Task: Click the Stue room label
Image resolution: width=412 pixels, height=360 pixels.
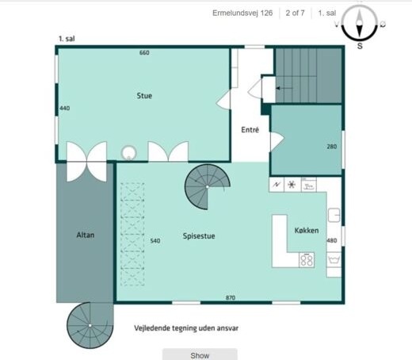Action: coord(144,96)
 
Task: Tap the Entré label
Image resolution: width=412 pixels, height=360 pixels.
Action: coord(250,130)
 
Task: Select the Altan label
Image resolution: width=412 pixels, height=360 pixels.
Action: coord(86,235)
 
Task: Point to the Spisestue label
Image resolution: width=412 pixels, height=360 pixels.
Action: coord(199,236)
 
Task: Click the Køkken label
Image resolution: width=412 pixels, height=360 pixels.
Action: coord(307,231)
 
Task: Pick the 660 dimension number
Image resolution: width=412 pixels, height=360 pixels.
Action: coord(144,52)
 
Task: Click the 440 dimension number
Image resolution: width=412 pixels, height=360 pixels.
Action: coord(65,108)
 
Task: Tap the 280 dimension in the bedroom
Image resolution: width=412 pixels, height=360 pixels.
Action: coord(332,147)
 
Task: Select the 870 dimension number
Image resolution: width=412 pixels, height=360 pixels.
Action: coord(231,297)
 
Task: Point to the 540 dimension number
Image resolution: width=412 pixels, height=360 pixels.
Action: coord(155,241)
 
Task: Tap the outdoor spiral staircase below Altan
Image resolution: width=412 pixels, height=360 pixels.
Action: coord(90,325)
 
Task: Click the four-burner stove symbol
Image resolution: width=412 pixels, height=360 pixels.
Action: coord(307,259)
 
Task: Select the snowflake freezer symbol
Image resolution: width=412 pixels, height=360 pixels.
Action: coord(292,184)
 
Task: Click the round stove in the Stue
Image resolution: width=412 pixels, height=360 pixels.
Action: coord(129,153)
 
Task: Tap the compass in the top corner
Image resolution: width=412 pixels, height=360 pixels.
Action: coord(360,23)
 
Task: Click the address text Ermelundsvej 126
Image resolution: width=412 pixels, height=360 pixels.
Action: coord(242,13)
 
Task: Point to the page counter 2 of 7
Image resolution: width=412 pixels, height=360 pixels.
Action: coord(295,13)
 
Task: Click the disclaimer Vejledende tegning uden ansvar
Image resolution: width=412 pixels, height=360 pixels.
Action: coord(186,328)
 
